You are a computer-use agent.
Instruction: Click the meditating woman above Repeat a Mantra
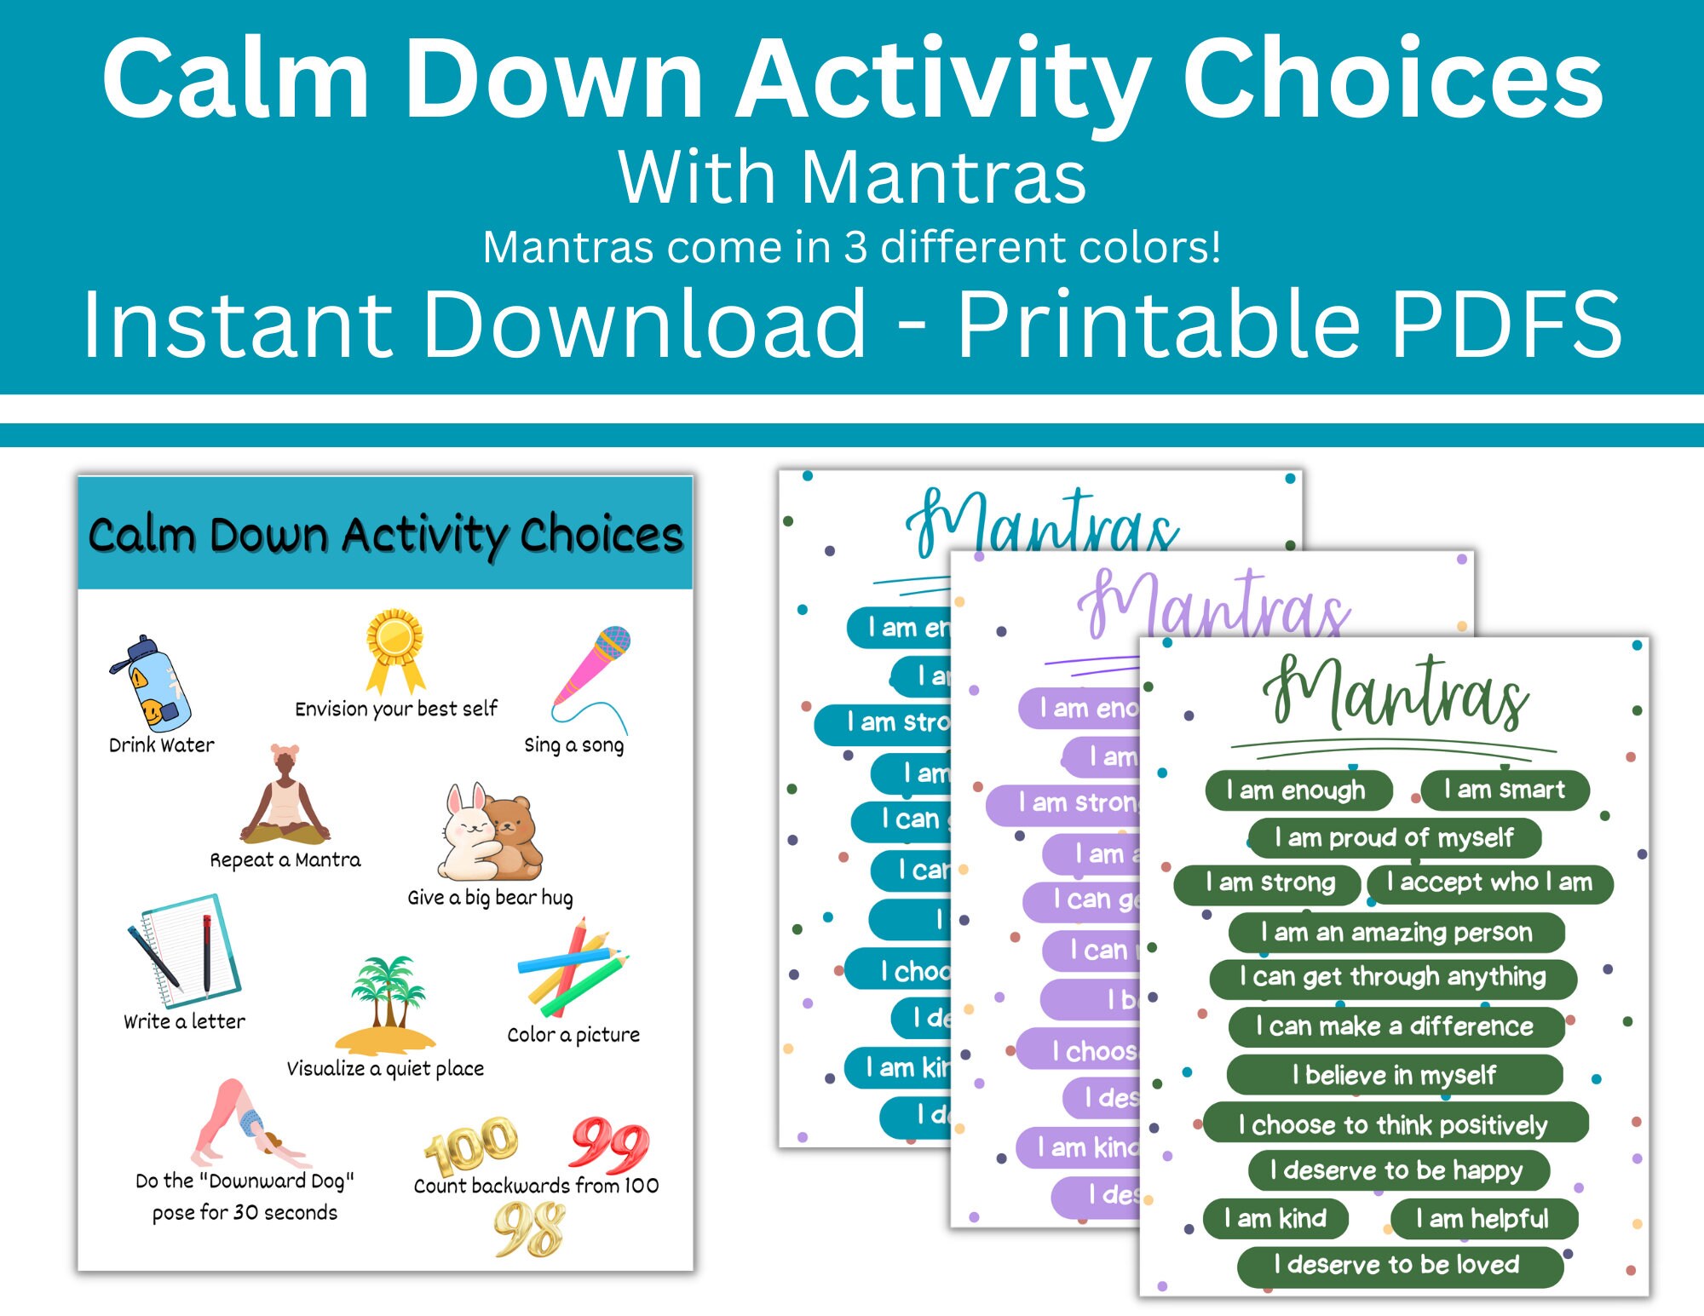point(285,796)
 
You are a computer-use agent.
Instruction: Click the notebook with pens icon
point(185,950)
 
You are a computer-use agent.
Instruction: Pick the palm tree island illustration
point(386,1005)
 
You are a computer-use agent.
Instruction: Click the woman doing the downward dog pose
point(243,1124)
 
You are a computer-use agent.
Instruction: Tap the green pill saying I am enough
point(1298,790)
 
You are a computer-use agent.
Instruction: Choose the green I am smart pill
point(1505,790)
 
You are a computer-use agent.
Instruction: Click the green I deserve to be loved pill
point(1398,1265)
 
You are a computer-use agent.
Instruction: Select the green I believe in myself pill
point(1394,1075)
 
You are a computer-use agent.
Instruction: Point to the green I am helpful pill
point(1482,1219)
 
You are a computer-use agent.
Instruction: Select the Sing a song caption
point(573,745)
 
